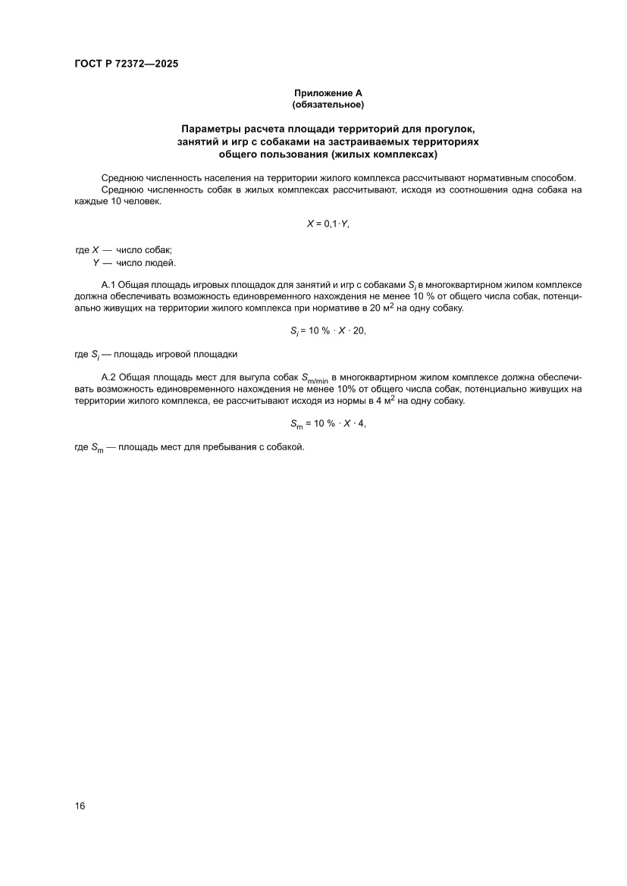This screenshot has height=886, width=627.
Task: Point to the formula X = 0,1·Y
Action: [328, 225]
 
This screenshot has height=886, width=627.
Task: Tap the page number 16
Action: [80, 806]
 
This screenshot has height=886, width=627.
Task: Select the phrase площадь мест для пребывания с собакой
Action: [209, 447]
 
